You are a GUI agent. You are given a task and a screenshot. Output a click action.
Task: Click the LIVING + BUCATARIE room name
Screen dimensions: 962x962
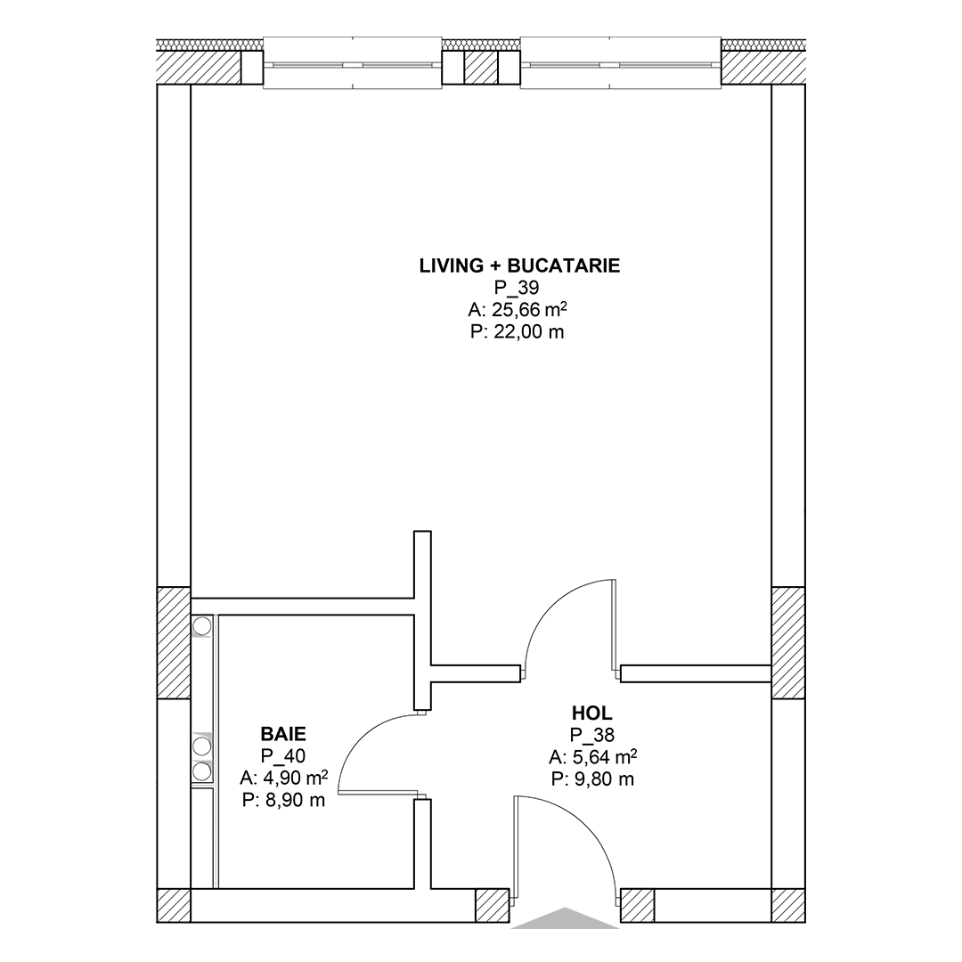[519, 265]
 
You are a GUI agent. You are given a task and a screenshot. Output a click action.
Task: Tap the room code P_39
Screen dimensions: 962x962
[517, 288]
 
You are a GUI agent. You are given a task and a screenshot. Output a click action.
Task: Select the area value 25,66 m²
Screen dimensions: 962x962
[518, 310]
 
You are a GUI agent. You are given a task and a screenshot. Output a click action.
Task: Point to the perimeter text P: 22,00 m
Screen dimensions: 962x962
[518, 332]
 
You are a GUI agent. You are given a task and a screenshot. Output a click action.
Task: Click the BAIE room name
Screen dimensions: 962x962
[283, 734]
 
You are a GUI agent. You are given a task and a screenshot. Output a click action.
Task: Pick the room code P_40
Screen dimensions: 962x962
[283, 756]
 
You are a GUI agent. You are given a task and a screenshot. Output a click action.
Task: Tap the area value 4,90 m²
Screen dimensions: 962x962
[283, 778]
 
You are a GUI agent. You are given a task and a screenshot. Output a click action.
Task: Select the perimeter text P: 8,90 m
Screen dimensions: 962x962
[283, 800]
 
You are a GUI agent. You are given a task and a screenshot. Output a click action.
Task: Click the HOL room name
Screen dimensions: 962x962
[592, 713]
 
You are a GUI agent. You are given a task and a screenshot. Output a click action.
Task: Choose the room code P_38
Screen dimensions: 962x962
[592, 735]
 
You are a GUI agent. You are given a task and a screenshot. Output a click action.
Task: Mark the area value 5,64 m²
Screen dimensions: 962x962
[592, 757]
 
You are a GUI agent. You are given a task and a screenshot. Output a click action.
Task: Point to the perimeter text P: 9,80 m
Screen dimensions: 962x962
[592, 779]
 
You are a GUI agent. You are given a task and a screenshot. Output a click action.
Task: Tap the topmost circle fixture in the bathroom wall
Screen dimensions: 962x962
[202, 626]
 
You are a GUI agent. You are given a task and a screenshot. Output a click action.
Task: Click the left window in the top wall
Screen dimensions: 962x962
[352, 64]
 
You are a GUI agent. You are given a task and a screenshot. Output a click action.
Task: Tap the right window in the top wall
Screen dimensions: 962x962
[620, 64]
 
